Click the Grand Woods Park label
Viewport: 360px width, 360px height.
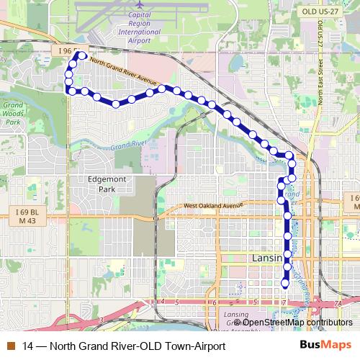tap(13, 113)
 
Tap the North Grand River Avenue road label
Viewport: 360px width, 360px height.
tap(123, 71)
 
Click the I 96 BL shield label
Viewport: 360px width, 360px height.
tap(70, 52)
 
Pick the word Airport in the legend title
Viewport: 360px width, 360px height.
tap(207, 346)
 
